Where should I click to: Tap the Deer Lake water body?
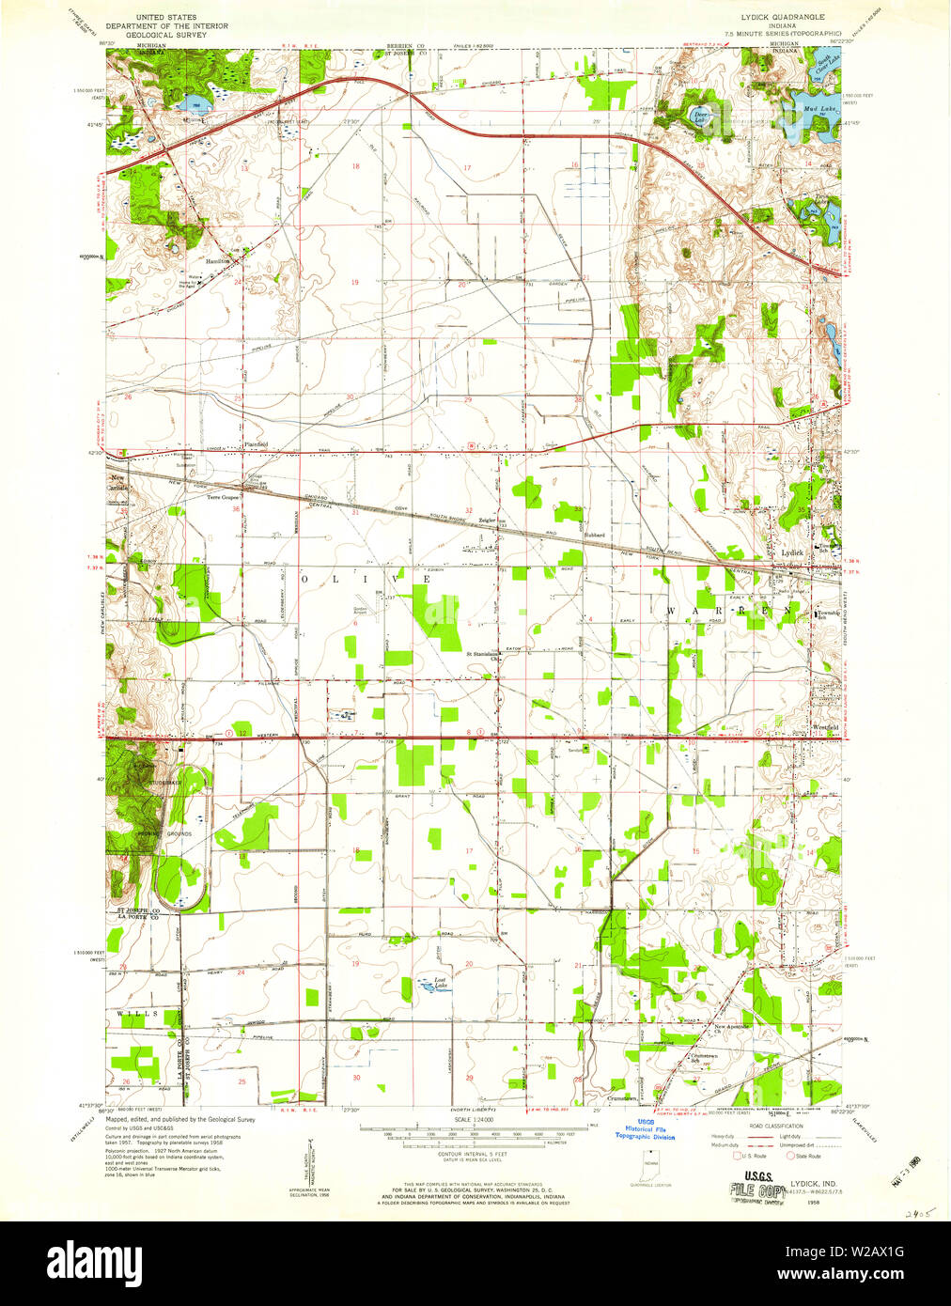coord(699,117)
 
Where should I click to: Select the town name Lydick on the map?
coord(792,552)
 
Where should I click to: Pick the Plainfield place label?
coord(256,443)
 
